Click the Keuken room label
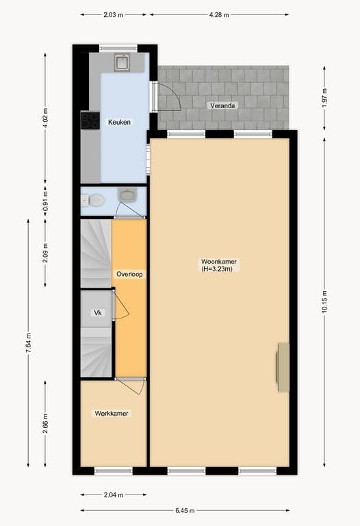[119, 122]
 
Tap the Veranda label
[222, 105]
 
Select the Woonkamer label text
[218, 265]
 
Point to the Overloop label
[129, 274]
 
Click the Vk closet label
[98, 313]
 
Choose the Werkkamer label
[112, 413]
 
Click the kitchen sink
[123, 63]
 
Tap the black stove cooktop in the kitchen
[90, 121]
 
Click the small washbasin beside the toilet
[127, 195]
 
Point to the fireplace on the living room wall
[283, 368]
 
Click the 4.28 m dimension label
[218, 14]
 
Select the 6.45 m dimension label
[183, 511]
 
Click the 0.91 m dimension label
[45, 202]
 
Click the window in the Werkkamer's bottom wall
[113, 471]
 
